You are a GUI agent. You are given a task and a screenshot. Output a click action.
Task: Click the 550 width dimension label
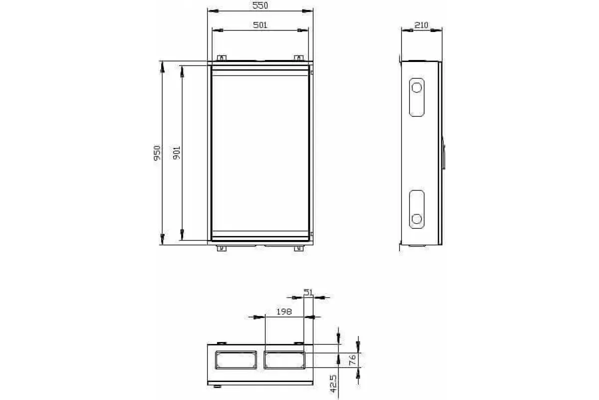[260, 5]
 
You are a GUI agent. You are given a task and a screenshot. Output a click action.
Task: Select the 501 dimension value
[260, 25]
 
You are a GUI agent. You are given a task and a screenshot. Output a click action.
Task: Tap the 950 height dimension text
[157, 152]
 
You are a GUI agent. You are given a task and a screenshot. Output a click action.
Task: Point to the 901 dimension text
[177, 152]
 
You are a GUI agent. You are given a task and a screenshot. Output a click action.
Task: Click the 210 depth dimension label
[421, 25]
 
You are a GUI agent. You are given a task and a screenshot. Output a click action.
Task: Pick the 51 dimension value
[308, 292]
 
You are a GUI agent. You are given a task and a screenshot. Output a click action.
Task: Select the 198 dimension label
[284, 311]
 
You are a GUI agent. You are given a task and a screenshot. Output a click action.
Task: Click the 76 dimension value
[353, 359]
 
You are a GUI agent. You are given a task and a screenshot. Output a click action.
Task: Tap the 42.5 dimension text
[333, 383]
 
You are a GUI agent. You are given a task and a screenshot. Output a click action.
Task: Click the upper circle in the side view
[417, 87]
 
